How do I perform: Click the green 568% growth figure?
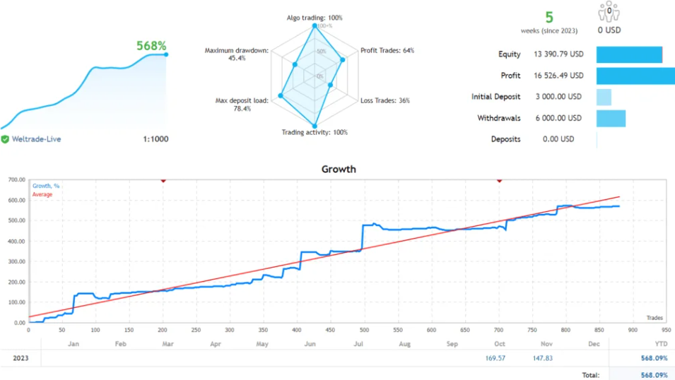click(151, 46)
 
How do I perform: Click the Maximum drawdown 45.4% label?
click(237, 54)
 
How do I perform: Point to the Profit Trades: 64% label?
click(387, 51)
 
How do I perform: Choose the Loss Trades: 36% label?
click(385, 100)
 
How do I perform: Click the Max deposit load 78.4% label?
click(242, 105)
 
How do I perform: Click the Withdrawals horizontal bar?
click(611, 118)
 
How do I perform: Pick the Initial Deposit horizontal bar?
click(604, 97)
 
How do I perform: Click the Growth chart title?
click(339, 169)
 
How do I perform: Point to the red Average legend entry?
click(42, 194)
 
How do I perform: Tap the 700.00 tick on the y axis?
click(16, 180)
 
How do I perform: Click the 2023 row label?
click(20, 358)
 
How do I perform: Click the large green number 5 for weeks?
click(549, 17)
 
